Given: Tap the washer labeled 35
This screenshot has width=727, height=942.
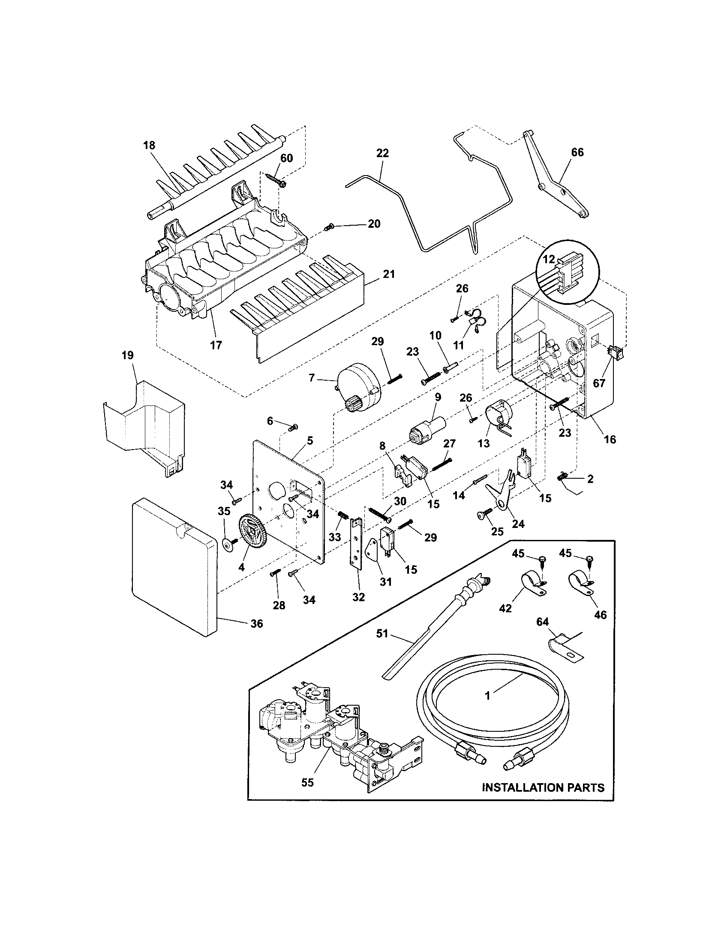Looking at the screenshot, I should coord(228,544).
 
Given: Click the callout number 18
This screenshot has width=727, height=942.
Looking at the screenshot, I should coord(149,145).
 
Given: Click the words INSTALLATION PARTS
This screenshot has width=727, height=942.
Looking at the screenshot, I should coord(543,787).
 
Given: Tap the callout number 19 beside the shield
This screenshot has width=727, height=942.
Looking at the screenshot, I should coord(128,355).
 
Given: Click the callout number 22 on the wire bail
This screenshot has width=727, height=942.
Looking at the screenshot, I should coord(382,153).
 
